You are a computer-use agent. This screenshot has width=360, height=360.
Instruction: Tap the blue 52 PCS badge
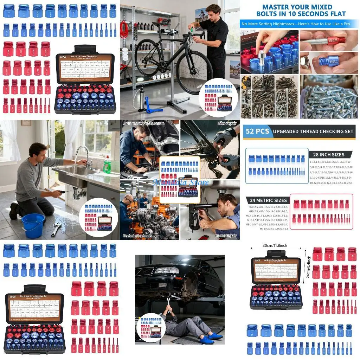click(258, 131)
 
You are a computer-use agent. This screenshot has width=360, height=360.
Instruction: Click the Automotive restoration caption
click(144, 124)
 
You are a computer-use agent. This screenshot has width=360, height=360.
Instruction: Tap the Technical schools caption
click(137, 236)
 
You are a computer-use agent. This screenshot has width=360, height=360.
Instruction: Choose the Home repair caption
click(225, 236)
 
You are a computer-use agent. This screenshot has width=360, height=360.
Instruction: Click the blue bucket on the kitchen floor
click(33, 225)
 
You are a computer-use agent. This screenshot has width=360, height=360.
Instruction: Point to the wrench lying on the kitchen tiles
click(56, 229)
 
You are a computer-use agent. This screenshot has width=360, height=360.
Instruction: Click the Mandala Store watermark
click(180, 182)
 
